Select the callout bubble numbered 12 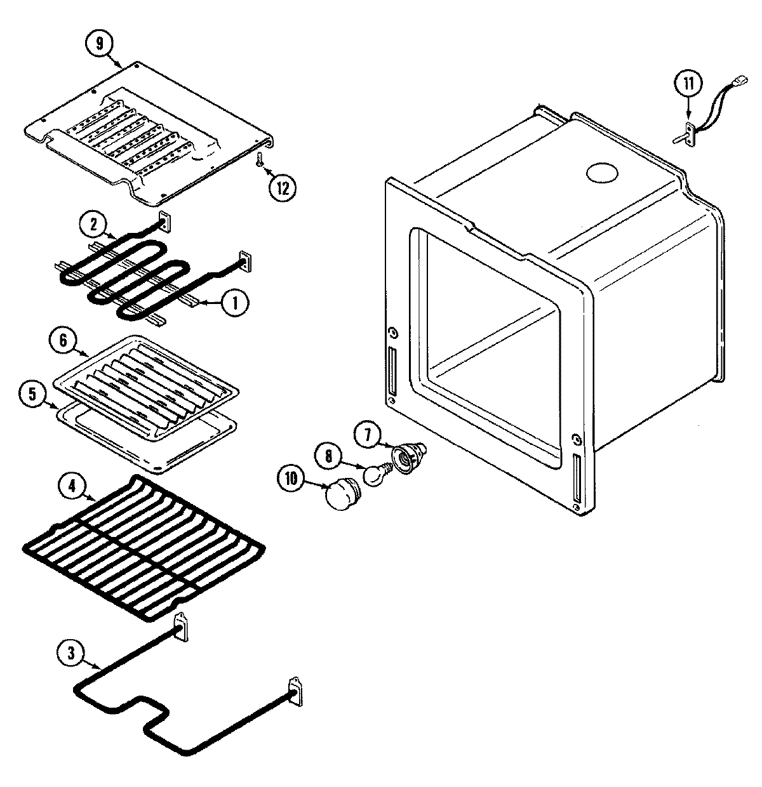tap(281, 188)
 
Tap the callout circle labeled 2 tap(93, 224)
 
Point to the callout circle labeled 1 tap(234, 304)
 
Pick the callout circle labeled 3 tap(70, 654)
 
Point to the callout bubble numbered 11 tap(688, 84)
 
